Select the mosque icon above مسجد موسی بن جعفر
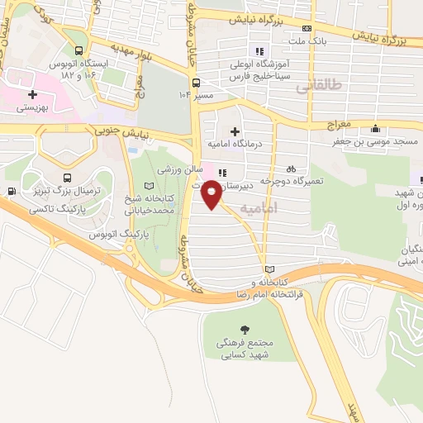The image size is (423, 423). pos(376,128)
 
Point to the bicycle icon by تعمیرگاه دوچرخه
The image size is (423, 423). pos(291,168)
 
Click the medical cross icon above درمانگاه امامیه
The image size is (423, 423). pos(235,131)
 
